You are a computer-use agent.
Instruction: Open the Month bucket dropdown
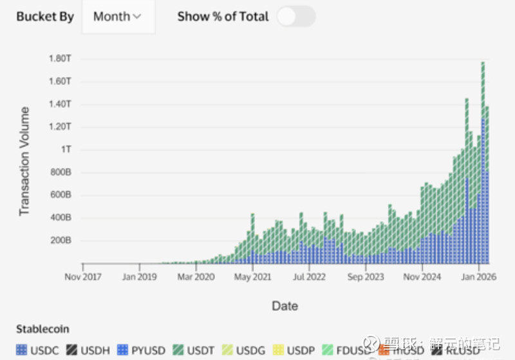click(x=117, y=17)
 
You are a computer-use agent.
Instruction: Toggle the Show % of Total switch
click(x=295, y=17)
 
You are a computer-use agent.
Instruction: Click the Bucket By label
click(x=45, y=17)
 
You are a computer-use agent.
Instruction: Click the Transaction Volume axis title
click(x=24, y=161)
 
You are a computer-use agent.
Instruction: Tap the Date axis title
click(x=285, y=306)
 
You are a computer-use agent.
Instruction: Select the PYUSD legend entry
click(x=142, y=350)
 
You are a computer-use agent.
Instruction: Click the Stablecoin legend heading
click(x=42, y=329)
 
